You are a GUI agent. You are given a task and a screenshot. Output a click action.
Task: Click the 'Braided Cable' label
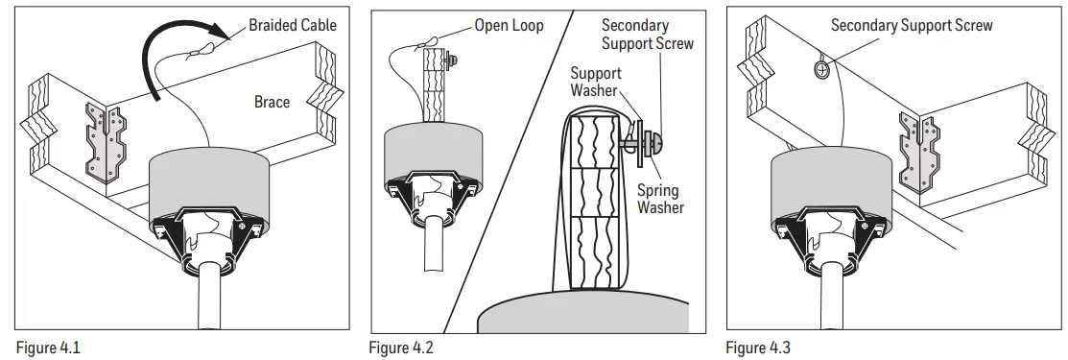coord(293,26)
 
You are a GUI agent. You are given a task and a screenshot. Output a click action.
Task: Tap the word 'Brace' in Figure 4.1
coord(272,102)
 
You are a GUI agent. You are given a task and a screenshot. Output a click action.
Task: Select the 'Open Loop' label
coord(509,25)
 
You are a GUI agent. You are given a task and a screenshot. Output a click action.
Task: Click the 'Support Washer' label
coord(596,82)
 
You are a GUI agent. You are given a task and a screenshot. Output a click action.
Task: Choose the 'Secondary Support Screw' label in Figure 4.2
coord(647,36)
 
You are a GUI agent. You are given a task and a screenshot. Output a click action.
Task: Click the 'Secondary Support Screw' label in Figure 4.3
coord(912,25)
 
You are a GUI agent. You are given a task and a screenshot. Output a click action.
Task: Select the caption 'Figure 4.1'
coord(49,348)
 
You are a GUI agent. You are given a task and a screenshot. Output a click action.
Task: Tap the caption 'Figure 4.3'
coord(759,348)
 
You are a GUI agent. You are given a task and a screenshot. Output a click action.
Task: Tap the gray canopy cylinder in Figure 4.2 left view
coord(431,149)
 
